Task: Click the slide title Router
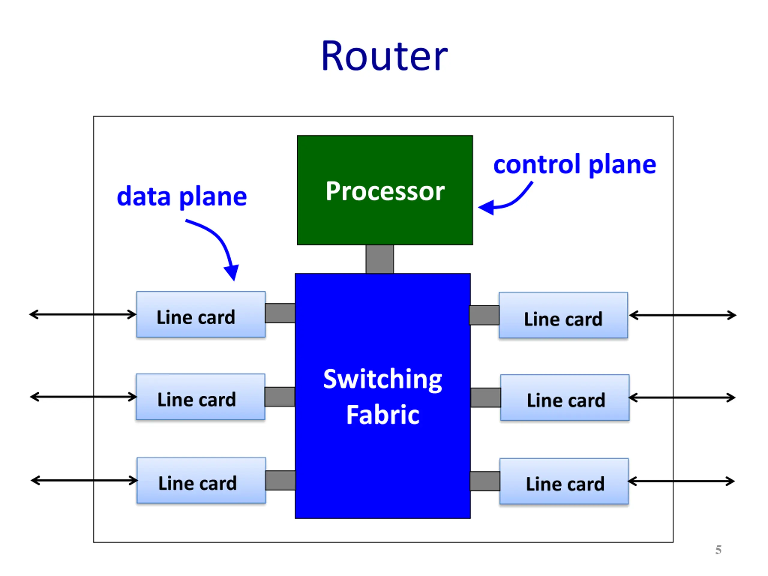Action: point(384,56)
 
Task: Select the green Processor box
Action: point(385,190)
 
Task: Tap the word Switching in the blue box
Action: point(382,379)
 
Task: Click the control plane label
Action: point(574,165)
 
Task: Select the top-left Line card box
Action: point(201,314)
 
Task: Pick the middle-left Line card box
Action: point(200,397)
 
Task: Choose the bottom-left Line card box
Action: point(201,481)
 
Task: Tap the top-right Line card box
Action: point(563,315)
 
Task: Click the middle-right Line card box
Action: point(565,397)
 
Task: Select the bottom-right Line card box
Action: point(564,481)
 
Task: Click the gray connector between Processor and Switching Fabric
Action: point(379,259)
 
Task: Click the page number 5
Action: point(718,550)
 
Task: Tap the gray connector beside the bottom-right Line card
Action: point(485,481)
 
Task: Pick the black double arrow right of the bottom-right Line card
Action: point(681,481)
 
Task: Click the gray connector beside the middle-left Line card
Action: point(280,397)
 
